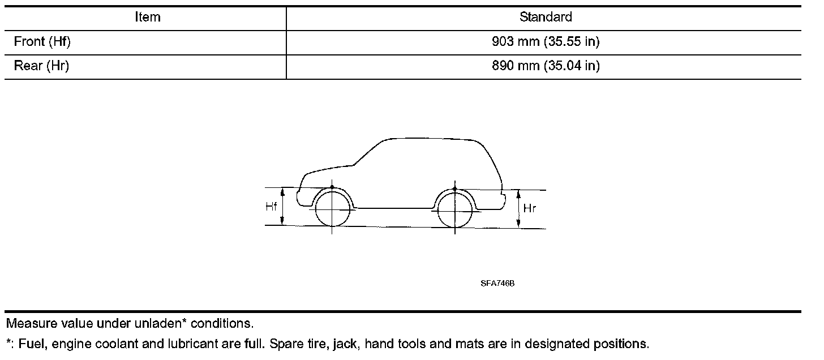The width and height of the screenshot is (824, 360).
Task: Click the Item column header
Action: (x=147, y=18)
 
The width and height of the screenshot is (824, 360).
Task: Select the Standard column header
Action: (x=545, y=18)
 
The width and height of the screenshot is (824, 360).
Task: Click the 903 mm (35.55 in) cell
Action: (x=545, y=42)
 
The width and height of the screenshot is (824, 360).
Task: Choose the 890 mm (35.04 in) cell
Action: (x=545, y=66)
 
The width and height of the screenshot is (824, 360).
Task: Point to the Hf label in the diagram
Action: (x=272, y=207)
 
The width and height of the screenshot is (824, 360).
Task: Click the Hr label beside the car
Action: (x=530, y=208)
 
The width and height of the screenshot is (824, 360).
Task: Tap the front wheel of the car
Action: (x=332, y=209)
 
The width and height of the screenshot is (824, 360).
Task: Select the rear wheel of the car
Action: (x=455, y=210)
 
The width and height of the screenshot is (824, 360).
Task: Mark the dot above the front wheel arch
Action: (x=332, y=187)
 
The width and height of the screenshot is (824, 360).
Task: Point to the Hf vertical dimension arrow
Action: (x=283, y=207)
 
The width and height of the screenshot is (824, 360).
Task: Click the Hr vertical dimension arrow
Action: (x=518, y=209)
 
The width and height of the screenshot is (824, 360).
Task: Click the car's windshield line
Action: (x=368, y=151)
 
